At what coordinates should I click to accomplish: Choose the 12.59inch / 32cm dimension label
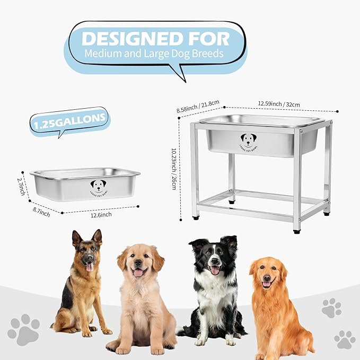[279, 104]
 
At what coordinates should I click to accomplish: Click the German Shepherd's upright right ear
[96, 237]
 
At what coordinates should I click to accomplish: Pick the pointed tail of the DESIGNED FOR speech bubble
[183, 78]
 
